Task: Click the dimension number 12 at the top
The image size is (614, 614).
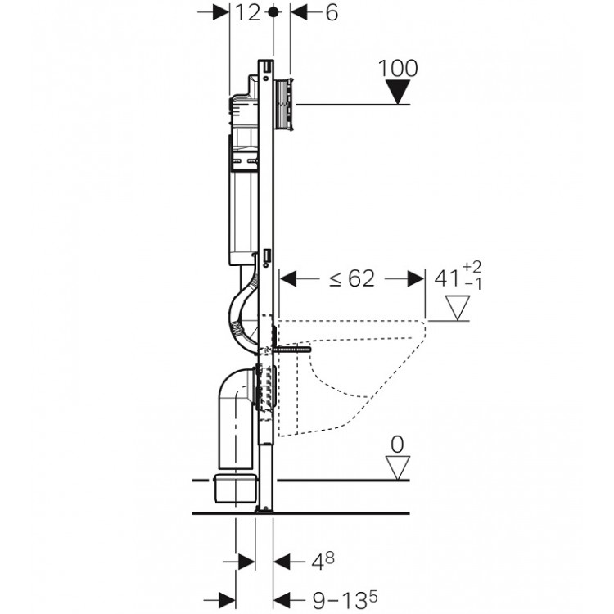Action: pos(247,12)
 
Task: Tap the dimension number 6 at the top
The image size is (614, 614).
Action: pos(332,12)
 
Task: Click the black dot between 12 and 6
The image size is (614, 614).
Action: pos(273,12)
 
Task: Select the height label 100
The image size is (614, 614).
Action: pos(398,68)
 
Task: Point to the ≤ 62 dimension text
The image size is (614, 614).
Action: pos(352,279)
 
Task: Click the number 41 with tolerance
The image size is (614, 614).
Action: pos(447,279)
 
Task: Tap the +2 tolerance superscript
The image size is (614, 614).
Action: pos(472,267)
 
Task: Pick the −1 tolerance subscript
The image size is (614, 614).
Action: pos(473,284)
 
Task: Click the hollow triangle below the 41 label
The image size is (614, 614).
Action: pos(458,308)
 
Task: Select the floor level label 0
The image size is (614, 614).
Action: pos(397,445)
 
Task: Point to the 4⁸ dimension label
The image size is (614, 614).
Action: pos(323,562)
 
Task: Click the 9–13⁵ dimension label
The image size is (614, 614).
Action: pos(345,599)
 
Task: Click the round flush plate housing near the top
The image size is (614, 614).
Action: pos(285,105)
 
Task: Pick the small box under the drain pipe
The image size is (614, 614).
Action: pos(235,488)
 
